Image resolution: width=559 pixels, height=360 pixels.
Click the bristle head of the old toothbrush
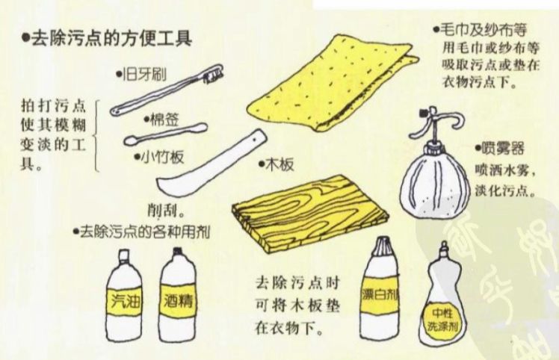pos(213,74)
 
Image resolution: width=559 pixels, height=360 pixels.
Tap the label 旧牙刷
pos(144,75)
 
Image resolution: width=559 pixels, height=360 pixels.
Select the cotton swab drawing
pos(165,134)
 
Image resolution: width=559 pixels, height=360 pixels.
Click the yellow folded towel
pos(333,84)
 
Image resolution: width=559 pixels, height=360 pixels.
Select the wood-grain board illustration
pos(310,213)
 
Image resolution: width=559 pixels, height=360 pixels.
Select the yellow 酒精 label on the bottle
pos(178,302)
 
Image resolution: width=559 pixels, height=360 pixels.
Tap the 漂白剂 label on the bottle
pos(380,294)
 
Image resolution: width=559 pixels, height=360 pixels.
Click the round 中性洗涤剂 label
pos(442,319)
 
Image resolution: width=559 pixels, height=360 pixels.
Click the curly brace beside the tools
pos(96,136)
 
